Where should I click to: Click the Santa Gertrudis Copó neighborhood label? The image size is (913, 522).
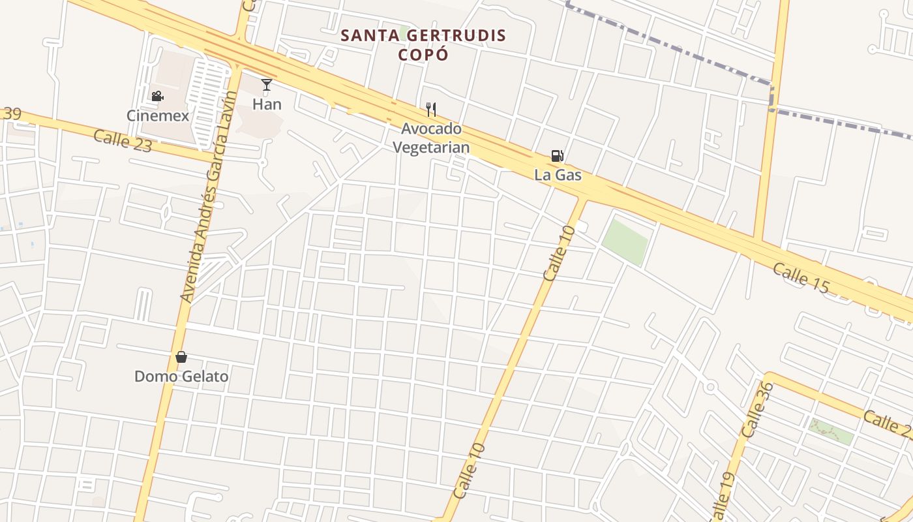coord(424,44)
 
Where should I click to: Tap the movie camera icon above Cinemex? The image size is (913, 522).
coord(157,97)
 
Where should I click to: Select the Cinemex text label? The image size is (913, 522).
coord(158,115)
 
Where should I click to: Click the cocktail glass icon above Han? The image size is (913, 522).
coord(267,85)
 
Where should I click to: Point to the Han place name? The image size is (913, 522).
coord(267,104)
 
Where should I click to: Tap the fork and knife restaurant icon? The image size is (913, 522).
coord(430,109)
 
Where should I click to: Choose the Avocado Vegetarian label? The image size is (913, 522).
coord(431,138)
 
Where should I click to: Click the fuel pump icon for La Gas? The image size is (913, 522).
coord(557,156)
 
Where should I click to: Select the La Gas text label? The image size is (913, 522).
coord(558,175)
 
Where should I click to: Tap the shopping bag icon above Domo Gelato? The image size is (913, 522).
coord(181,357)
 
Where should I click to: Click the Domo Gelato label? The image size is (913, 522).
coord(181,376)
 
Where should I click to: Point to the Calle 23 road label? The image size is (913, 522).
coord(123,141)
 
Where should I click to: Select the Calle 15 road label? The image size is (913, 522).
coord(800,277)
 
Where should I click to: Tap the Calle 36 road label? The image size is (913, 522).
coord(758,410)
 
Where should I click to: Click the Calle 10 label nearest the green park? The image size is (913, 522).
coord(560,253)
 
